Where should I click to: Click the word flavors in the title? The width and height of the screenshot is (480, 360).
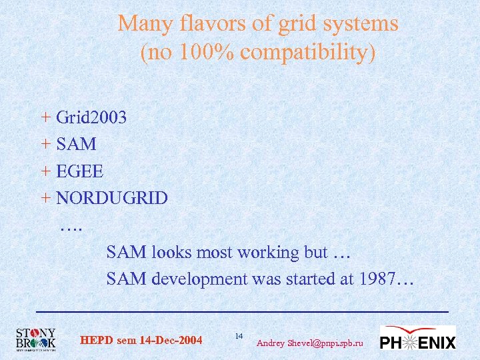[204, 24]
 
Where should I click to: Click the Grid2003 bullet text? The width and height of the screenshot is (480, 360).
[91, 117]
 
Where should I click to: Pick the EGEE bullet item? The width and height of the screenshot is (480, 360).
[79, 171]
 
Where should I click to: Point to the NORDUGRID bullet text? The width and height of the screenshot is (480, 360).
[111, 198]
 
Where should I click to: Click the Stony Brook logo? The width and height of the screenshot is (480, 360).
[36, 339]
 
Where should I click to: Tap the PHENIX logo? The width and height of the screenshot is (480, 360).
[418, 339]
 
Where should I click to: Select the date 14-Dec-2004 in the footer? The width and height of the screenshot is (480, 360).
[171, 341]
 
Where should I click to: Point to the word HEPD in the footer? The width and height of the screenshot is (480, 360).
[96, 341]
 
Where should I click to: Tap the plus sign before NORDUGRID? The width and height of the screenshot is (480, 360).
[45, 198]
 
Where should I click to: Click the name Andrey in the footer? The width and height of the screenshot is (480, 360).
[271, 343]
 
